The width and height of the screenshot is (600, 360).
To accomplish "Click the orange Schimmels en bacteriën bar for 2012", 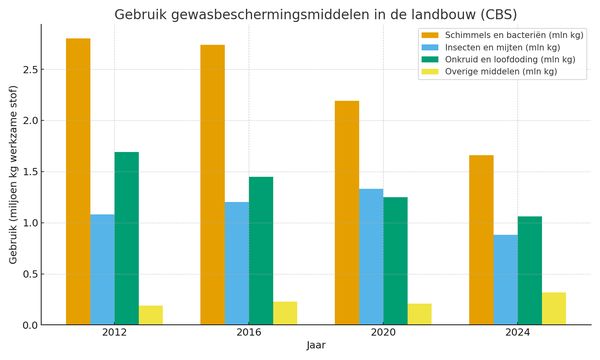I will (x=78, y=181).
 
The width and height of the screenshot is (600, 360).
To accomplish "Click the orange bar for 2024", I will (x=481, y=240).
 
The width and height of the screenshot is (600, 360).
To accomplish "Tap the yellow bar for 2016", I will (x=285, y=313).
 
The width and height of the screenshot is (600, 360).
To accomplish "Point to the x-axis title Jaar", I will (x=316, y=347).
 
